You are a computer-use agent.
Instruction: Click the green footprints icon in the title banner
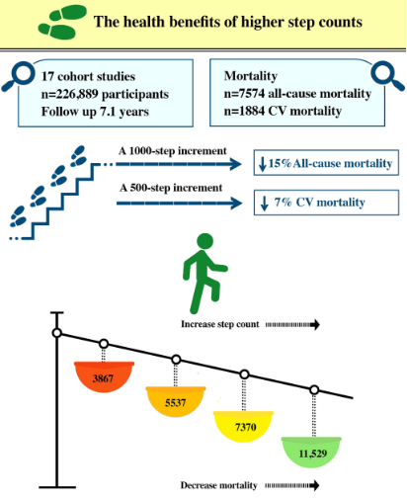(x=62, y=22)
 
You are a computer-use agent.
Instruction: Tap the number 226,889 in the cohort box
(x=77, y=94)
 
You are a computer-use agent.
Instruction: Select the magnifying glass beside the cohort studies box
(x=18, y=77)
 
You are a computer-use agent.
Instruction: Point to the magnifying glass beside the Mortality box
(x=387, y=76)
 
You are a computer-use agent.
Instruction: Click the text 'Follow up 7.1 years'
(x=95, y=112)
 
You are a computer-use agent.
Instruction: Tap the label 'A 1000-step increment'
(x=173, y=151)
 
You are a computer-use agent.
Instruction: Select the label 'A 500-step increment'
(x=171, y=188)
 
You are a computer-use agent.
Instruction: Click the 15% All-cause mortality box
(x=326, y=163)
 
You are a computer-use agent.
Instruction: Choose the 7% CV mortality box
(x=326, y=203)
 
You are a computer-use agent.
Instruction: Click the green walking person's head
(x=204, y=241)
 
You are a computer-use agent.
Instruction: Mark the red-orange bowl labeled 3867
(x=104, y=376)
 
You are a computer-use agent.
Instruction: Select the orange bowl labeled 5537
(x=176, y=401)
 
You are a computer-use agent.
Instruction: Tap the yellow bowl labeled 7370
(x=243, y=426)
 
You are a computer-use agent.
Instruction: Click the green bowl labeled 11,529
(x=311, y=453)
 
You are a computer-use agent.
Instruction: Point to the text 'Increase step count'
(x=220, y=324)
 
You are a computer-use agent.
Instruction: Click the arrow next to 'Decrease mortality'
(x=292, y=485)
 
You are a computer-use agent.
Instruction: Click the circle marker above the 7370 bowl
(x=244, y=374)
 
